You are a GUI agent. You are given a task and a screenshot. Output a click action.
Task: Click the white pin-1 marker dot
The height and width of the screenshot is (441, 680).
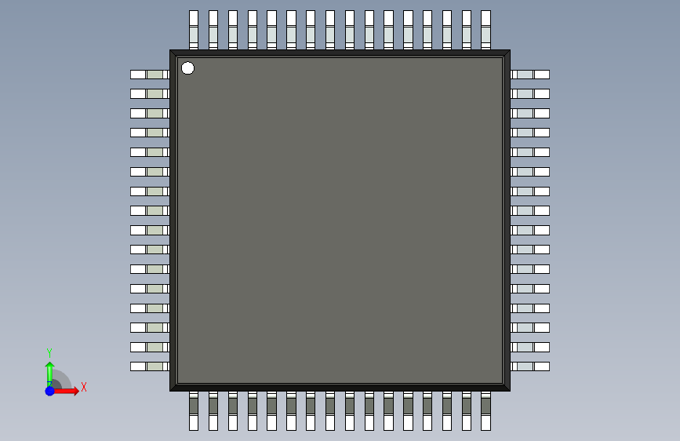pos(187,68)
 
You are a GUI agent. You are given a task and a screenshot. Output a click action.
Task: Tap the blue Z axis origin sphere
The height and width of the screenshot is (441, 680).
pos(49,391)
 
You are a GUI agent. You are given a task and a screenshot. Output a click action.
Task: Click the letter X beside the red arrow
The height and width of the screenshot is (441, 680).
pos(83,387)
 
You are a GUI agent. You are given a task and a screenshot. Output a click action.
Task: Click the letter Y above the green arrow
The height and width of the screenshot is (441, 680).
pos(49,353)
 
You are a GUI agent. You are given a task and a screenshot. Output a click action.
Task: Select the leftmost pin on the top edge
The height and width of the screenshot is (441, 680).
pos(194,29)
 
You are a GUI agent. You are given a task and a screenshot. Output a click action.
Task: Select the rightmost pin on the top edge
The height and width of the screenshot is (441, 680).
pos(485,29)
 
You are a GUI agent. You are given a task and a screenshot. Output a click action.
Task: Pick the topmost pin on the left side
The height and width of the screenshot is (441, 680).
pos(149,75)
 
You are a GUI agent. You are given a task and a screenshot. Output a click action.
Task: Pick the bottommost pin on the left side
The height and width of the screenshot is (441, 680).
pos(149,366)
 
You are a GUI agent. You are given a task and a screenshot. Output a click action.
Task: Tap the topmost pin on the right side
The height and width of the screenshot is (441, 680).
pos(531,75)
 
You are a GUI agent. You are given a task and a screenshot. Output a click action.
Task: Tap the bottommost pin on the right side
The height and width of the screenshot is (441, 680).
pos(531,366)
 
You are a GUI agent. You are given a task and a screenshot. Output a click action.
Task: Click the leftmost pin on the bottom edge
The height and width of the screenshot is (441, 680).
pos(194,412)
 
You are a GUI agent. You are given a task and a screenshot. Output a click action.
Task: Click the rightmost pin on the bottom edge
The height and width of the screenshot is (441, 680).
pos(485,412)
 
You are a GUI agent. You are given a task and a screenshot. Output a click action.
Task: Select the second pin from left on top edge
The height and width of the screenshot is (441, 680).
pos(213,29)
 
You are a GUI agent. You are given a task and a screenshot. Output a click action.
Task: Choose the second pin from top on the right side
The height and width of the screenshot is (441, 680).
pos(531,94)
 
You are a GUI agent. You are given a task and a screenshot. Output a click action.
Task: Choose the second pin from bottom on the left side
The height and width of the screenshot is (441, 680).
pos(149,347)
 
